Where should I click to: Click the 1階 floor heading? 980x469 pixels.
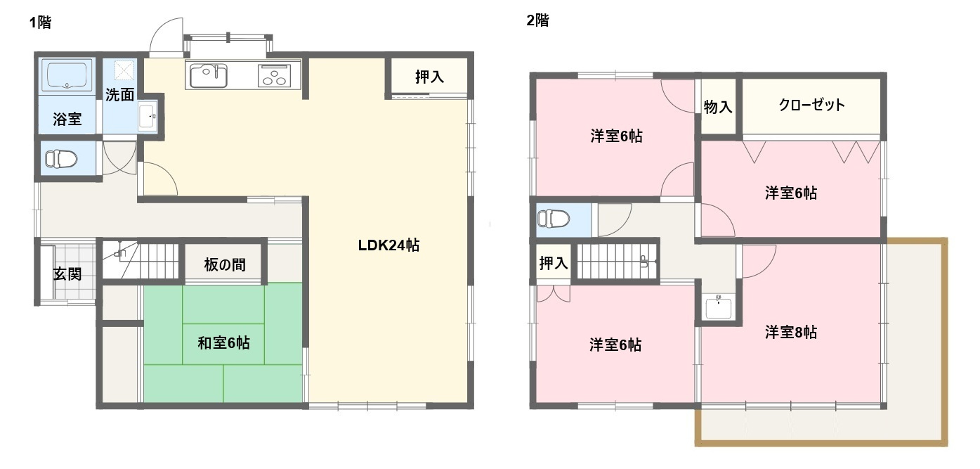point(40,23)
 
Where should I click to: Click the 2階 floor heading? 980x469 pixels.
point(537,20)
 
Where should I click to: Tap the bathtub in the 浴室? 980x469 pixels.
point(67,75)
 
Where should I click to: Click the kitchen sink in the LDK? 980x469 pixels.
point(207,75)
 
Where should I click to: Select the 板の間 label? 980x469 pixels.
point(225,265)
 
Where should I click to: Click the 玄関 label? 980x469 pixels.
point(67,274)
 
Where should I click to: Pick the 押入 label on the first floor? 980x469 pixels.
point(429,77)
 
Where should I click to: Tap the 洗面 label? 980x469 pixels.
point(119,95)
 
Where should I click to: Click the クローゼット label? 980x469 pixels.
point(811,105)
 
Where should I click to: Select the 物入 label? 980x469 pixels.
point(718,107)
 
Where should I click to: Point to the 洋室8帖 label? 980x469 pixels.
point(791,332)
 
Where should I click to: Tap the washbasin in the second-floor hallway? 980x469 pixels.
point(718,308)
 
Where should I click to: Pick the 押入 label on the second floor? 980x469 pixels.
point(553,264)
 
